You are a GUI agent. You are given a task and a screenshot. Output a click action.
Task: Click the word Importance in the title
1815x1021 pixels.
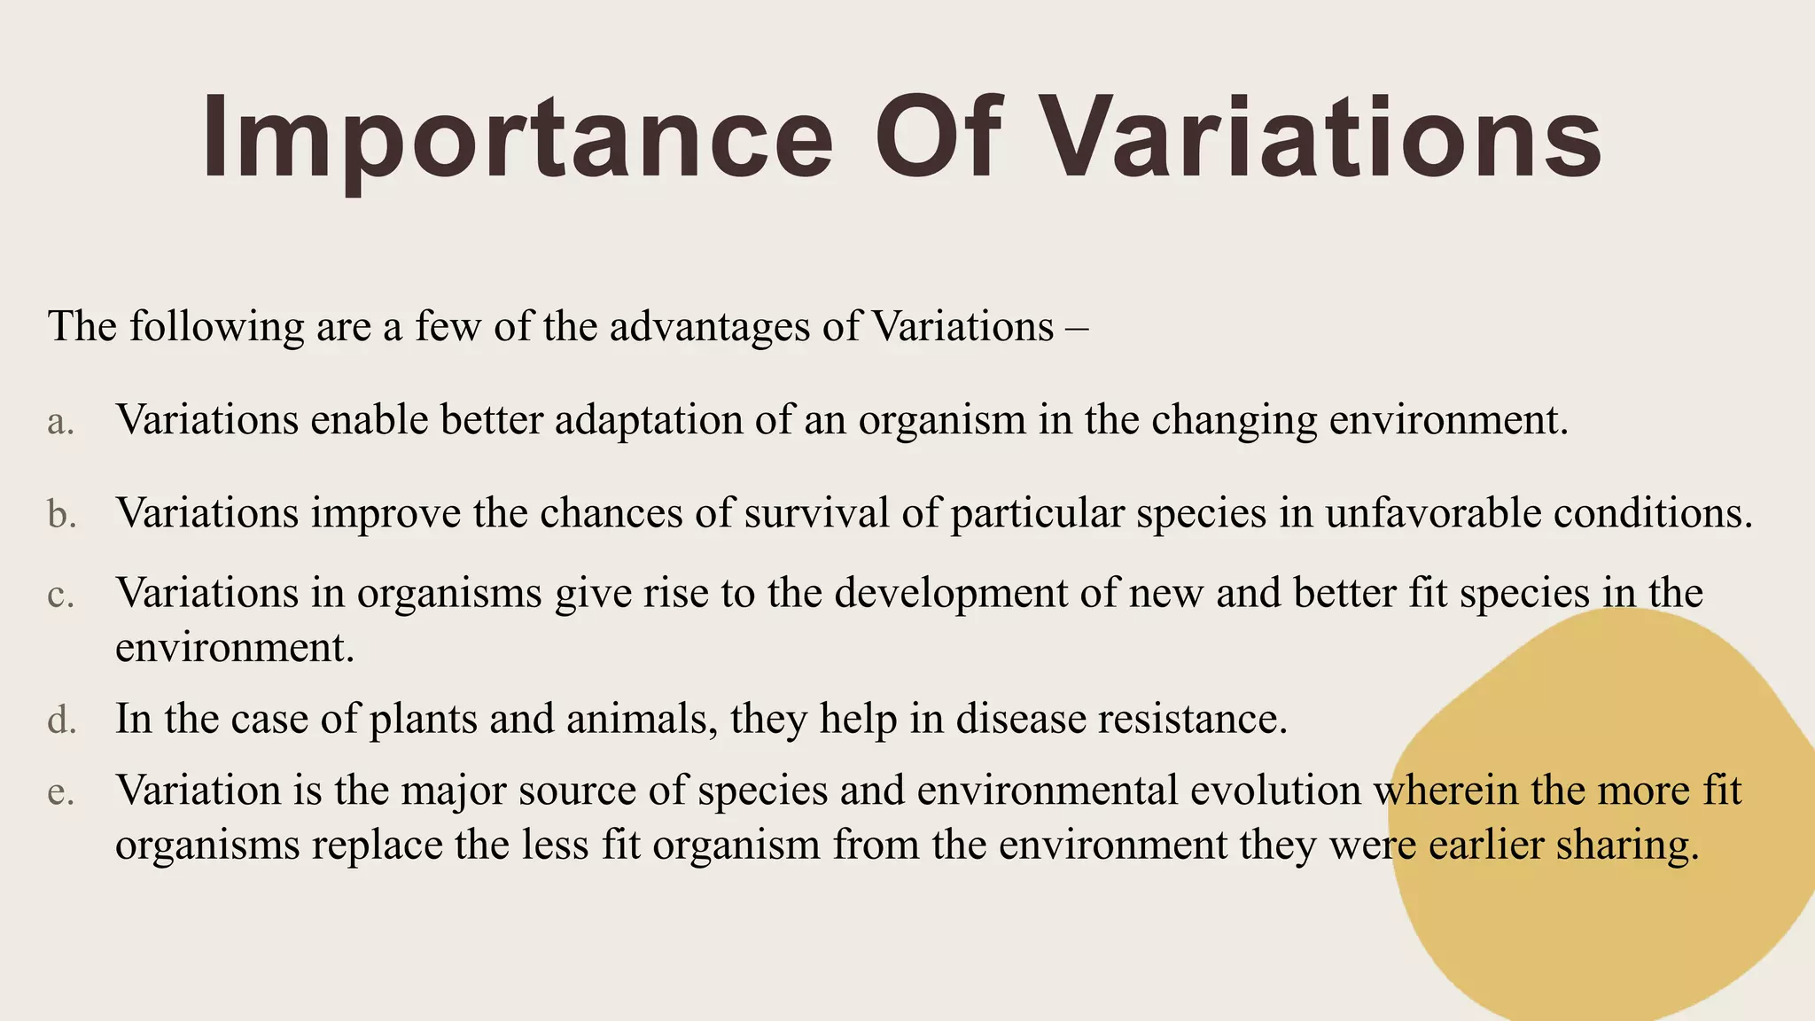click(518, 140)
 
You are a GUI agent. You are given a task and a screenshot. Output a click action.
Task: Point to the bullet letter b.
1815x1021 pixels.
click(62, 514)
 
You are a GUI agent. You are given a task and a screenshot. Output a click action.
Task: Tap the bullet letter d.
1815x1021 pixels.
click(62, 720)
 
